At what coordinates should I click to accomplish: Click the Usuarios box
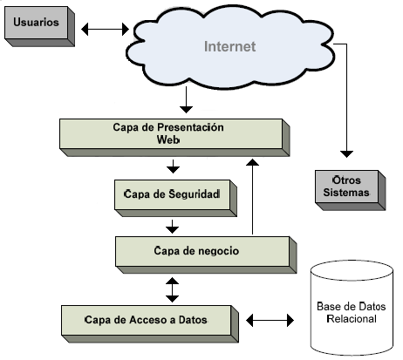tap(39, 26)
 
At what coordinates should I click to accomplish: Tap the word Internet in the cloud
tap(230, 46)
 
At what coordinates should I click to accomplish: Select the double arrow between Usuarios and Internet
tap(105, 29)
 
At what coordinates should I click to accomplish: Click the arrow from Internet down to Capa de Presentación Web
tap(186, 99)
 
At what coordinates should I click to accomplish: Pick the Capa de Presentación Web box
tap(174, 138)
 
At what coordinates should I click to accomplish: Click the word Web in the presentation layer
tap(168, 139)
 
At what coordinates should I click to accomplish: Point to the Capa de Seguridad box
tap(175, 198)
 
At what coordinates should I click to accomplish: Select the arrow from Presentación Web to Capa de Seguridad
tap(173, 166)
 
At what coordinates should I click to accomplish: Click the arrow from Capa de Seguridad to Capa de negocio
tap(173, 227)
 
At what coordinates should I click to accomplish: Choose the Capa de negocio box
tap(206, 255)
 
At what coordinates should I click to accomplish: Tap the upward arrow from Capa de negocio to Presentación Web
tap(252, 196)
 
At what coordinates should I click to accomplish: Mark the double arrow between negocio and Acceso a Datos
tap(172, 289)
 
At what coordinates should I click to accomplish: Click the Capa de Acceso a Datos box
tap(150, 323)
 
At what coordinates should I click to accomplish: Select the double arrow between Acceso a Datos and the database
tap(270, 320)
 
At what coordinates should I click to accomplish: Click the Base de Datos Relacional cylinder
tap(352, 308)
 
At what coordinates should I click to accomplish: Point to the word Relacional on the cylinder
tap(352, 319)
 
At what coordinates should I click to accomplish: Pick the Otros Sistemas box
tap(351, 190)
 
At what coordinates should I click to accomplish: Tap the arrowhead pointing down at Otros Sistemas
tap(346, 154)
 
